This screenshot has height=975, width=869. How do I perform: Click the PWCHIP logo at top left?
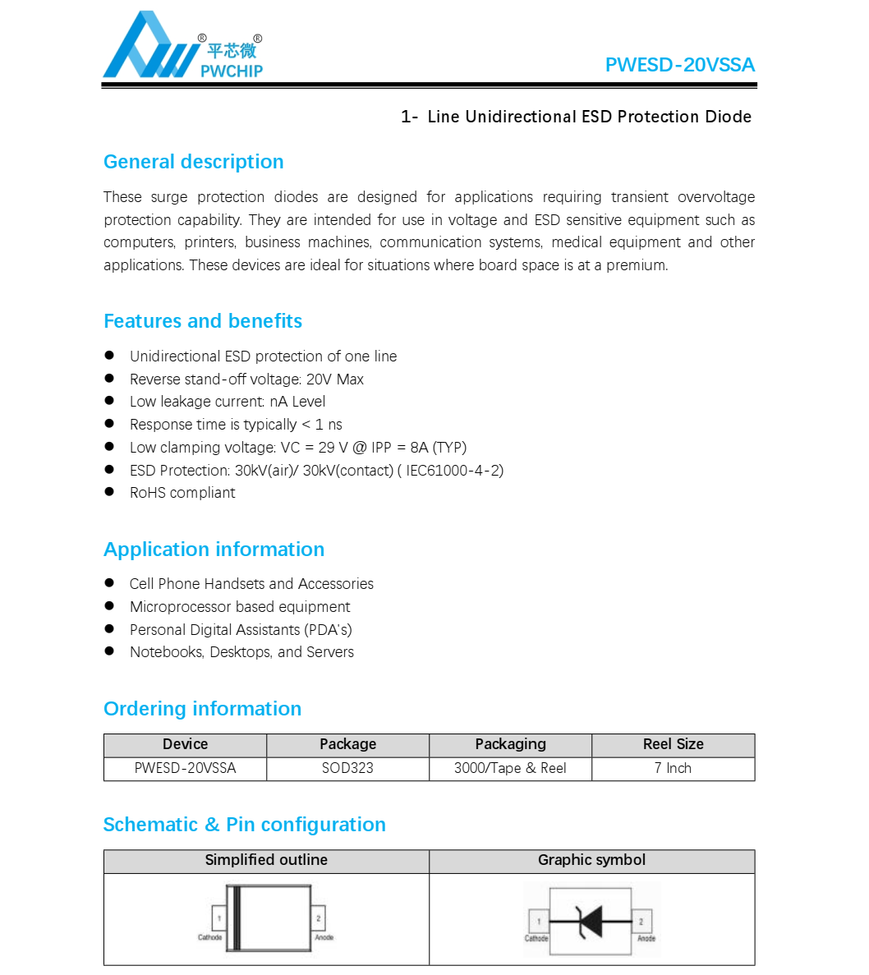(182, 47)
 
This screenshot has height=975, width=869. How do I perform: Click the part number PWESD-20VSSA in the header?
(679, 65)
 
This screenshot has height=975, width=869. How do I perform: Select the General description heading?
(193, 162)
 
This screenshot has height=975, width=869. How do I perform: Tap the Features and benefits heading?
(202, 321)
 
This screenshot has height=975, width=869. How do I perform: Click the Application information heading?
(214, 550)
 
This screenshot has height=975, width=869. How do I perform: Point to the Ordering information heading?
(202, 709)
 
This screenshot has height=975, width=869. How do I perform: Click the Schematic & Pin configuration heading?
(244, 825)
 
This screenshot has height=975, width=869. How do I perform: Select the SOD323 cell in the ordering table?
(347, 768)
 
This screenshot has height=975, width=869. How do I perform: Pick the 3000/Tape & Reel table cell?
(510, 768)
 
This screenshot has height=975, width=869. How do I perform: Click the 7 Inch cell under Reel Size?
(673, 768)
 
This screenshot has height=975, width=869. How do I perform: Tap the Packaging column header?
(510, 744)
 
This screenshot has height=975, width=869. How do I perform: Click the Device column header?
(185, 744)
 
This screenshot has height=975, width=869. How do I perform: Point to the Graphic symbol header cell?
(591, 860)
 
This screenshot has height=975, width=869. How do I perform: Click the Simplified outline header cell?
(266, 860)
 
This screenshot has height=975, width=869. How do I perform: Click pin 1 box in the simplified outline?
(219, 918)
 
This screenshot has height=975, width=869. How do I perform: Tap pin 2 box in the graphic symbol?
(641, 922)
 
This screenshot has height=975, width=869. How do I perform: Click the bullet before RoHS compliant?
(109, 492)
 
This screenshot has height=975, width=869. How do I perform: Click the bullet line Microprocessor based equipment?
(240, 607)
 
